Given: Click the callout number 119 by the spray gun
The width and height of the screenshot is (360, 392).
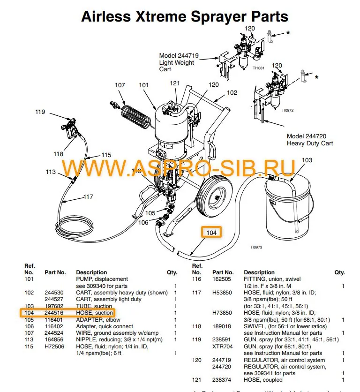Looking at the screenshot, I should (40, 112).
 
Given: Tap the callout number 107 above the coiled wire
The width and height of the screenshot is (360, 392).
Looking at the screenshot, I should (120, 85).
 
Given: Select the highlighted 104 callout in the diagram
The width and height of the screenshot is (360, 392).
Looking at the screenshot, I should (212, 233).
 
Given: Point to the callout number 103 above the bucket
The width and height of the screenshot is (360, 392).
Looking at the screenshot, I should (307, 160).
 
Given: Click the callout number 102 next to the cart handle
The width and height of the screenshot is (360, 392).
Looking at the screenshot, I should (232, 93).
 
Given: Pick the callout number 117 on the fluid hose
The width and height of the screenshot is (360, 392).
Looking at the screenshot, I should (88, 197).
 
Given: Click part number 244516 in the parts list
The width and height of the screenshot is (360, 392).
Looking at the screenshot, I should (54, 312).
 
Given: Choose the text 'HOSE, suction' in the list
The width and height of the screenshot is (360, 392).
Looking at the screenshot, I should (95, 312).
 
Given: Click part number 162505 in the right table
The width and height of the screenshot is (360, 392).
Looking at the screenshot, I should (222, 279).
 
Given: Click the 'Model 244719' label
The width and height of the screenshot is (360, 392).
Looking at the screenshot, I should (179, 55).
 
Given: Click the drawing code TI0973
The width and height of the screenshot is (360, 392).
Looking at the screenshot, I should (256, 248).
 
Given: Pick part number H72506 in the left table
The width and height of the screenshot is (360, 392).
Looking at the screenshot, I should (54, 346).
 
